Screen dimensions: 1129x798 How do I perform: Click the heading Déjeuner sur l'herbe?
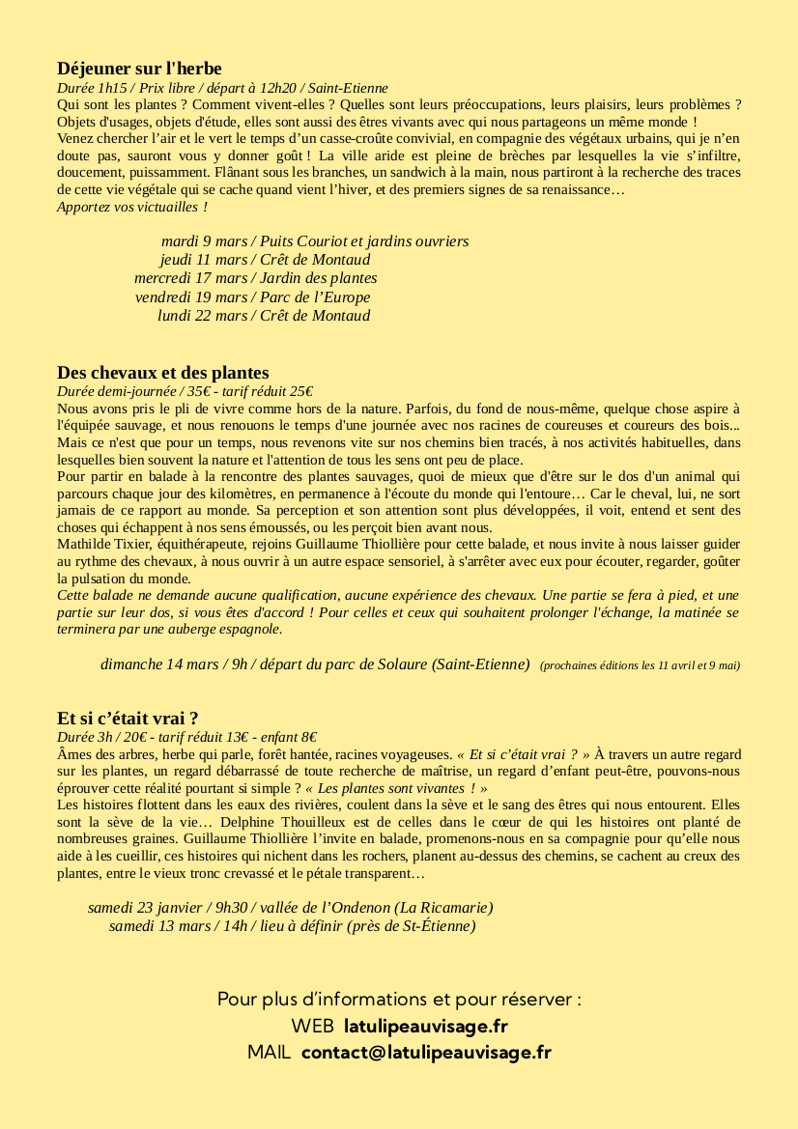coord(139,69)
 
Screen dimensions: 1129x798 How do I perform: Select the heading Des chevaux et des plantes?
coord(162,373)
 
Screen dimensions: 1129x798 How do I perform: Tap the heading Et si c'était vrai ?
coord(128,718)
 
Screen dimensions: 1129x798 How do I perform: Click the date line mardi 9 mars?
coord(314,240)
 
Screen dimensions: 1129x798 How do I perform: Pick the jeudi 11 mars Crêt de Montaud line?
coord(264,259)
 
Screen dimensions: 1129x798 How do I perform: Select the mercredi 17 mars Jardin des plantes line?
coord(255,278)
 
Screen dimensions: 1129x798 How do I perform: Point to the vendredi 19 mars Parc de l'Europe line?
coord(252,296)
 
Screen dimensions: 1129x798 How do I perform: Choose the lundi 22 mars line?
coord(263,315)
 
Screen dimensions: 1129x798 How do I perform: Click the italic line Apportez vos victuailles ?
coord(132,207)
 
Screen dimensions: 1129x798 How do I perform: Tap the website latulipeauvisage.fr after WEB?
coord(425,1026)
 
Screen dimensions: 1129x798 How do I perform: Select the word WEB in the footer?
coord(312,1026)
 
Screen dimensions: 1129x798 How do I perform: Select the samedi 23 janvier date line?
coord(290,908)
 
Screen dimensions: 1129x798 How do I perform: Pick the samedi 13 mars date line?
coord(292,926)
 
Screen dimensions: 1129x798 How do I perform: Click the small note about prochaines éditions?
coord(640,665)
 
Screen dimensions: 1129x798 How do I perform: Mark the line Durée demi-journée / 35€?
coord(185,391)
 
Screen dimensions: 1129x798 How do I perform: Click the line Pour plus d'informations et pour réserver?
coord(399,999)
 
